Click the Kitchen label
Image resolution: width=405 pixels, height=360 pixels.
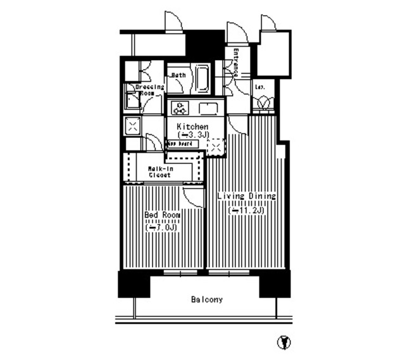[x=192, y=127]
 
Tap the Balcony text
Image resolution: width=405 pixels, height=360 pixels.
[x=207, y=299]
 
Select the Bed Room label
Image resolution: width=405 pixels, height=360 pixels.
[x=162, y=216]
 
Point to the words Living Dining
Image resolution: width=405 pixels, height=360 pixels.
[x=246, y=197]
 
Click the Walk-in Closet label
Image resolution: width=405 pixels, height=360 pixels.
[x=161, y=171]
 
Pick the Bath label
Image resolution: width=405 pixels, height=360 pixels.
[x=178, y=75]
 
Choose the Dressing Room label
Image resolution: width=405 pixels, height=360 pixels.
[x=152, y=89]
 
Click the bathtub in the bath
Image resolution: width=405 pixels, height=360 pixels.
[x=202, y=80]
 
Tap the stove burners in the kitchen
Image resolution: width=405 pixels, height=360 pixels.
[x=179, y=108]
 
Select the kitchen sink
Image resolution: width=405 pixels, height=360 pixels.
[x=208, y=108]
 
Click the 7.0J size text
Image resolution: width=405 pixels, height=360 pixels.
[x=162, y=227]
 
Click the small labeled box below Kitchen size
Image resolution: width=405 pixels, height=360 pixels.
[x=182, y=144]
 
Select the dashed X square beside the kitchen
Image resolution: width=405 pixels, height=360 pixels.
[x=216, y=147]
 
